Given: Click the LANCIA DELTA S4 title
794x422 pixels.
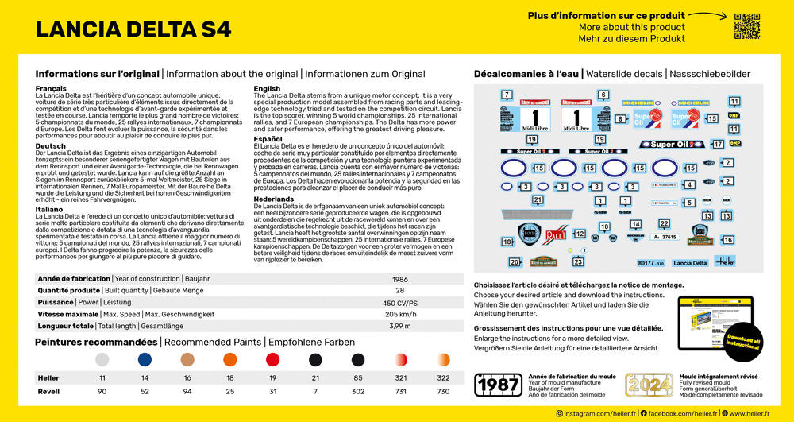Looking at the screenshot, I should point(133,29).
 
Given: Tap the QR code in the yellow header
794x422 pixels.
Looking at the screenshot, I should point(746,25).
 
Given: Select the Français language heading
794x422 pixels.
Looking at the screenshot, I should point(51,88).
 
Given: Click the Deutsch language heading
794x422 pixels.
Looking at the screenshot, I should point(51,146).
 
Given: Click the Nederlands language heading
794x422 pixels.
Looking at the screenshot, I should point(274,198).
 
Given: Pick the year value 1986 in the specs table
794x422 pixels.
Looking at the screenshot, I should point(400,280).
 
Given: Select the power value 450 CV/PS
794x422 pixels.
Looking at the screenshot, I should point(400,303).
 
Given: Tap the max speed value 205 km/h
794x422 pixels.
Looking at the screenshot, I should point(400,314).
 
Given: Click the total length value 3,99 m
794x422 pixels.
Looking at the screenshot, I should point(400,326).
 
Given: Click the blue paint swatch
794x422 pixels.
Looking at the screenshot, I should point(145,360).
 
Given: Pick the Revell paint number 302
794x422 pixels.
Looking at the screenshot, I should point(358,392).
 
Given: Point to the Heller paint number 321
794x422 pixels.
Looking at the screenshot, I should point(401,378).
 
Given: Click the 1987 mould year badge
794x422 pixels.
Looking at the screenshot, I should point(498,385).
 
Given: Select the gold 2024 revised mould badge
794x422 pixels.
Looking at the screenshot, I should point(649,385).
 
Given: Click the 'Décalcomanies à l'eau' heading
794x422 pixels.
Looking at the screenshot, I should point(526,74).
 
